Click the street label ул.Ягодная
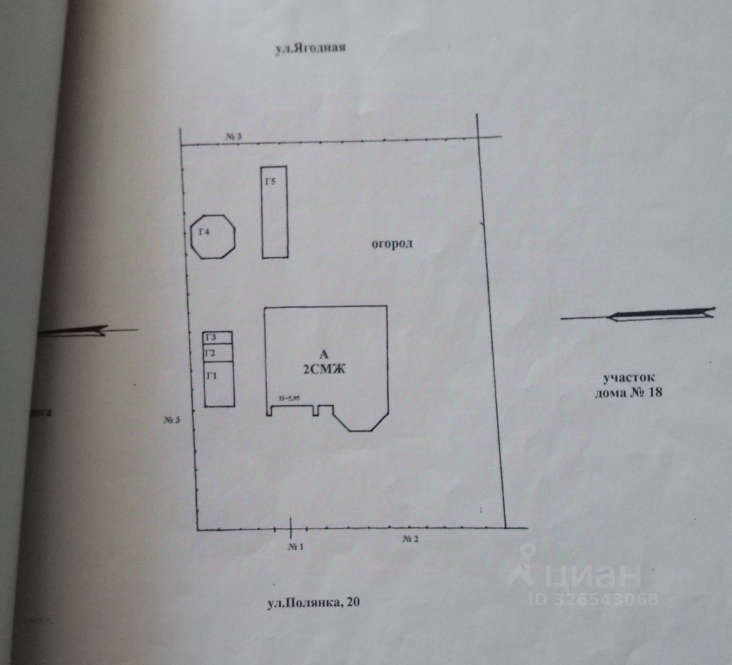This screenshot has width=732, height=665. (310, 49)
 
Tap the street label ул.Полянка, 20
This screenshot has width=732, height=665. (314, 603)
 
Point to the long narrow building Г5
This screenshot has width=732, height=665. (274, 212)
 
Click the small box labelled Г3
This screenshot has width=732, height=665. (218, 337)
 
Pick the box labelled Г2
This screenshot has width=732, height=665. (218, 353)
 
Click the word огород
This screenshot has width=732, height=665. (392, 244)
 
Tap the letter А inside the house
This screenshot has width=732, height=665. (324, 354)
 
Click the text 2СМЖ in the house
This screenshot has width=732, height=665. (325, 371)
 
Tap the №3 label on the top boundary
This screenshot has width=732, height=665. (233, 136)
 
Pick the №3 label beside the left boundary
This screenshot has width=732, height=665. (173, 420)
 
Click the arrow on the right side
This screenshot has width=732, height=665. (638, 315)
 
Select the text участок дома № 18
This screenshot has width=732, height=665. (629, 385)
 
